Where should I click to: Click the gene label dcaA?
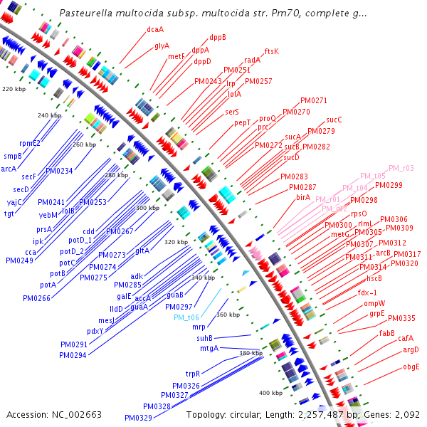tap(154, 29)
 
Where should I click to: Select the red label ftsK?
tap(272, 51)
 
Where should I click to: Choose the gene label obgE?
tap(411, 367)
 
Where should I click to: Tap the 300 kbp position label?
tap(147, 208)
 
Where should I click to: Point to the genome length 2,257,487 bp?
tap(329, 414)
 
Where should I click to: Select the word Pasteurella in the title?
tap(85, 13)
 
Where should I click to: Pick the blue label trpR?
tap(192, 374)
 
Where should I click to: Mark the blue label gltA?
tap(142, 251)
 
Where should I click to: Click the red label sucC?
tap(334, 120)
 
